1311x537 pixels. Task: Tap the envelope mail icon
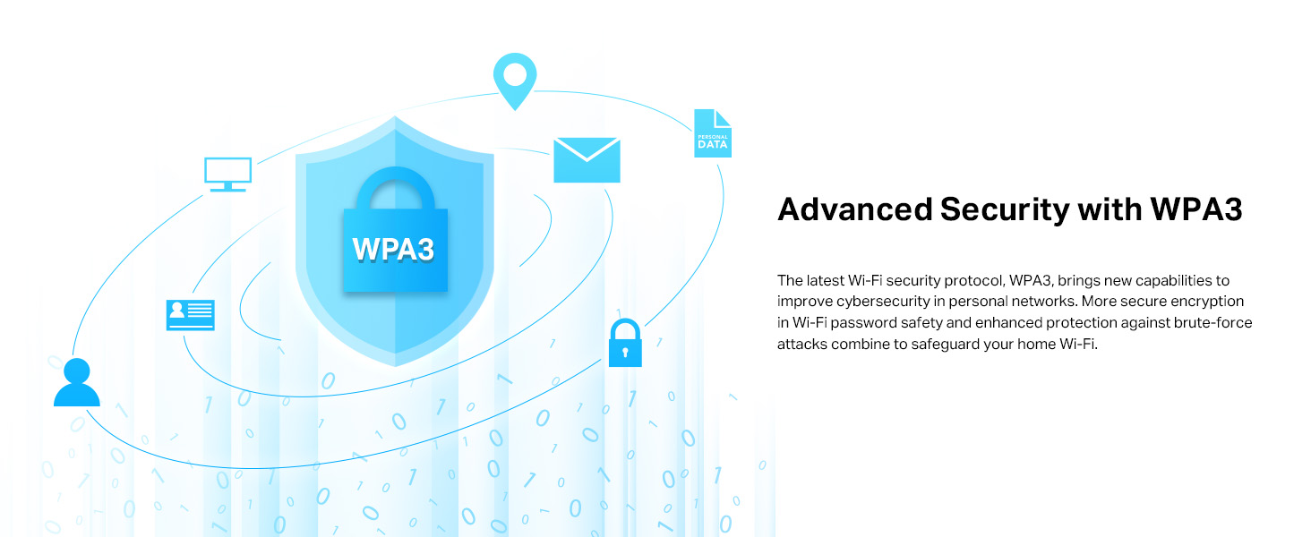pos(587,160)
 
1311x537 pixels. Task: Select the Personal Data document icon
pos(713,134)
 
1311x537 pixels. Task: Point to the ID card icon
pos(190,314)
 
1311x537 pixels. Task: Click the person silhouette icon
pos(77,383)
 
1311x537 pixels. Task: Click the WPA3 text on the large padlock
pos(394,249)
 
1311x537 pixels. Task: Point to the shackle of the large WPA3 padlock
pos(394,186)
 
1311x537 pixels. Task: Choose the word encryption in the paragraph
pos(1211,301)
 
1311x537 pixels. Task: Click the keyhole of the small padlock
pos(625,353)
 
